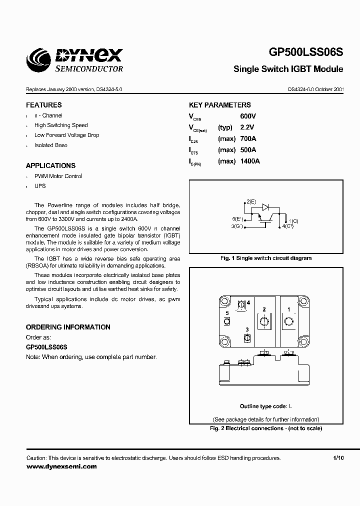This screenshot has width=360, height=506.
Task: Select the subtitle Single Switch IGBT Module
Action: coord(288,69)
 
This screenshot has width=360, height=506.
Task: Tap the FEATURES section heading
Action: coord(44,105)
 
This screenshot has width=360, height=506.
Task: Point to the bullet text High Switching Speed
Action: coord(61,125)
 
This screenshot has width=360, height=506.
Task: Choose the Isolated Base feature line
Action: coord(50,145)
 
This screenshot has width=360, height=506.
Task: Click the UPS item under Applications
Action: coord(40,186)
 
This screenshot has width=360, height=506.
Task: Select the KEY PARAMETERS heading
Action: coord(219,105)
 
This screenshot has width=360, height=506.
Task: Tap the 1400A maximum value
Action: coord(250,161)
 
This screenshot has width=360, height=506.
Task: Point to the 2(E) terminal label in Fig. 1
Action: coord(250,201)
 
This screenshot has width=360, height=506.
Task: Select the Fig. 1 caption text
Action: coord(266,258)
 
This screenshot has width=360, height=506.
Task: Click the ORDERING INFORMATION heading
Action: coord(68,327)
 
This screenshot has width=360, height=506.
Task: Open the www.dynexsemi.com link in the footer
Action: coord(61,466)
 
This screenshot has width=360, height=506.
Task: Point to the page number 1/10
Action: coord(338,458)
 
